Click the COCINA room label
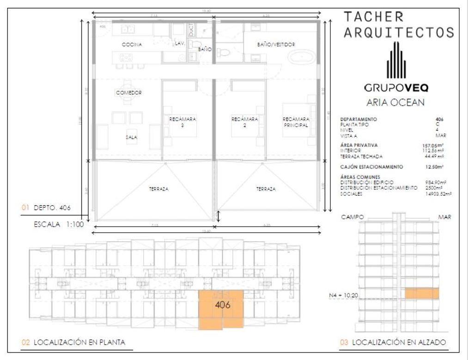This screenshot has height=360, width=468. (132, 45)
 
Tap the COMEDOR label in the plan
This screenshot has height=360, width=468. (129, 93)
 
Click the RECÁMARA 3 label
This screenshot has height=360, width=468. (183, 122)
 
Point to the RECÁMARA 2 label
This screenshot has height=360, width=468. (244, 122)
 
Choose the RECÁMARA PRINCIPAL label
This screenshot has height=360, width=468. (296, 122)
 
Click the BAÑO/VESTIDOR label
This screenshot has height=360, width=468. (276, 45)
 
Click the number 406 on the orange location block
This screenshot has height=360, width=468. (223, 305)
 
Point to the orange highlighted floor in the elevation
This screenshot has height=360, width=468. (422, 294)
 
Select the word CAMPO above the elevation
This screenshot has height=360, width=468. (352, 216)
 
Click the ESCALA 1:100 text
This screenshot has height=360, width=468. (58, 225)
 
